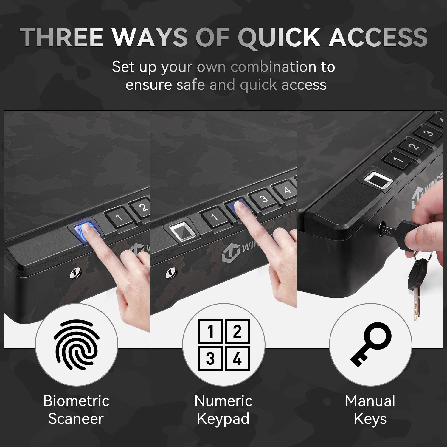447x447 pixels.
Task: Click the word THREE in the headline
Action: [62, 37]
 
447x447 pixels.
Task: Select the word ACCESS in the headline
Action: [378, 37]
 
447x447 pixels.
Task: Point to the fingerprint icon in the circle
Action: [77, 344]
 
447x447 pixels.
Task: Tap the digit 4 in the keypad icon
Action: [237, 358]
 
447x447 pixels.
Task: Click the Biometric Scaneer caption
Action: [76, 410]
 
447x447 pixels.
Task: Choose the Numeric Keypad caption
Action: [223, 410]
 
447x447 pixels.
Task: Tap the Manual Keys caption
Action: [370, 410]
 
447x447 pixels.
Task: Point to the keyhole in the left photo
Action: [74, 273]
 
